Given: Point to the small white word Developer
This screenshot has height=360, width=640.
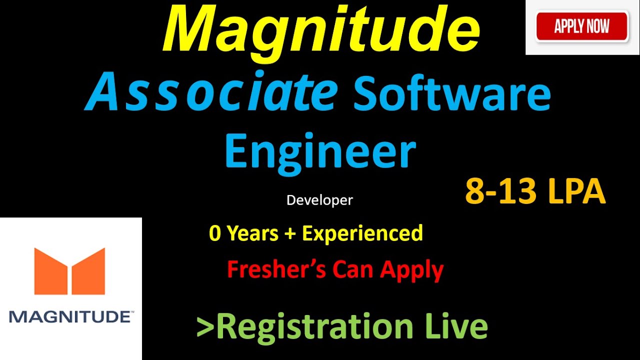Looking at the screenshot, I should pyautogui.click(x=319, y=200).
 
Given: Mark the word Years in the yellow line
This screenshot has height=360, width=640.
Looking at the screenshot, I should pyautogui.click(x=252, y=233).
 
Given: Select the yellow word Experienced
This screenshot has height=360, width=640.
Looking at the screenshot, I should pyautogui.click(x=362, y=233).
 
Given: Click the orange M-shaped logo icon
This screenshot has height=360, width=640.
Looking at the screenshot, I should pyautogui.click(x=69, y=271).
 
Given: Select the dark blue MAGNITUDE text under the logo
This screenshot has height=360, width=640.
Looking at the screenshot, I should pyautogui.click(x=70, y=317).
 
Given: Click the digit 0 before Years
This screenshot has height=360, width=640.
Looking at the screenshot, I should pyautogui.click(x=214, y=233).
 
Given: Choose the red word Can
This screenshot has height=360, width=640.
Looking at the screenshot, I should pyautogui.click(x=353, y=269).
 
